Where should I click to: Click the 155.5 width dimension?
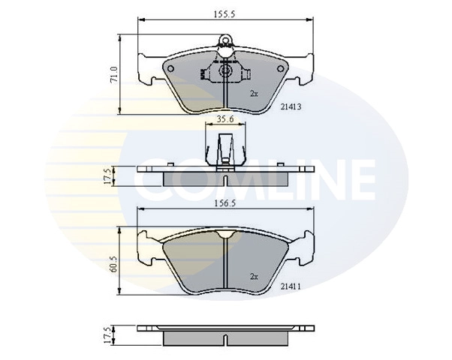pos(224,14)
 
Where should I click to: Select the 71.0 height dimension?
pos(114,76)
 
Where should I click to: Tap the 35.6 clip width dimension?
pos(225,119)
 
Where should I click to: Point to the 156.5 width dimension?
pos(224,203)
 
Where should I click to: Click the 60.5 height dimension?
pos(114,264)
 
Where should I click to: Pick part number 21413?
pos(291,106)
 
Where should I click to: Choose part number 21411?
pos(291,286)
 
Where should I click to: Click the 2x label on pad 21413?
pos(254,94)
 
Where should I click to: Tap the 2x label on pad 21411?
pos(254,277)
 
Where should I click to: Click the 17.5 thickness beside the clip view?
pos(107,176)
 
